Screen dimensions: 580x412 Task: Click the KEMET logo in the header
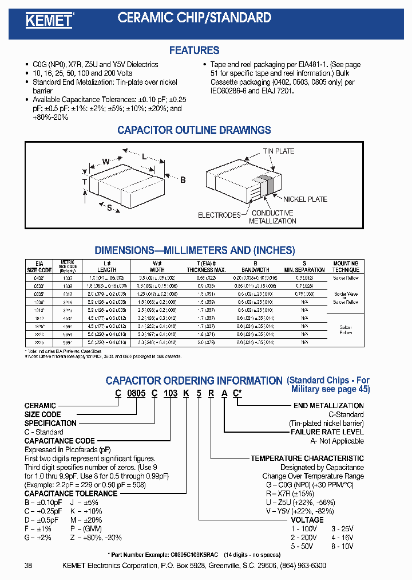[x=49, y=21]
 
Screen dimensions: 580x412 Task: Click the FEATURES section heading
[x=194, y=50]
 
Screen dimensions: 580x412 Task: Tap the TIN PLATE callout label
[x=279, y=151]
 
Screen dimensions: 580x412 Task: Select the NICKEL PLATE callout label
[x=306, y=199]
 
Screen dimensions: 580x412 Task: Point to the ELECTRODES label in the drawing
[x=219, y=215]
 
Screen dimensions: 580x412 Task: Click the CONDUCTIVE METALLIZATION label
[x=272, y=217]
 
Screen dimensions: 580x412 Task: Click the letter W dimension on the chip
[x=105, y=162]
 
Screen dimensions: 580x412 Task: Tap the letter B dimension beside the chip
[x=183, y=180]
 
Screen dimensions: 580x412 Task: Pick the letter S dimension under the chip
[x=109, y=207]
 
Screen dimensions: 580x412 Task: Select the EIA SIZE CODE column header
[x=40, y=267]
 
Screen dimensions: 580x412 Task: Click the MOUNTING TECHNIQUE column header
[x=346, y=267]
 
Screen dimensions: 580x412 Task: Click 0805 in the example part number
[x=137, y=394]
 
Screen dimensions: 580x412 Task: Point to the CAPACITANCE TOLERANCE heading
[x=70, y=493]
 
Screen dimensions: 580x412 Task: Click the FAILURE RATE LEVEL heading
[x=327, y=432]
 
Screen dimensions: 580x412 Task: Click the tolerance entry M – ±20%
[x=86, y=520]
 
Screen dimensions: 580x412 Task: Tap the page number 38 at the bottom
[x=29, y=566]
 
